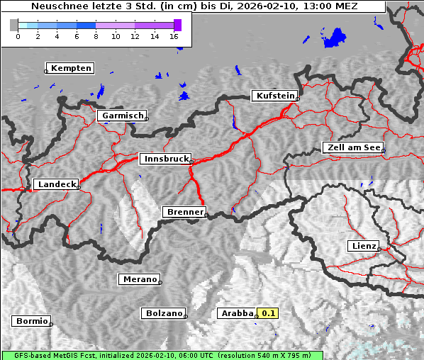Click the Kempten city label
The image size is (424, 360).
(71, 68)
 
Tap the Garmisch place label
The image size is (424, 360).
(123, 116)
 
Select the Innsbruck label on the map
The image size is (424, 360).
(164, 159)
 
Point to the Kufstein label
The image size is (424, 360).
(275, 96)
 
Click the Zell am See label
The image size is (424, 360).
(353, 147)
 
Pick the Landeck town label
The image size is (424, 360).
(56, 184)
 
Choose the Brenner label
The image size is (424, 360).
(184, 212)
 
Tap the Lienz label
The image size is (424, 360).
(363, 246)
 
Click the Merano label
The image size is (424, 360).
(139, 279)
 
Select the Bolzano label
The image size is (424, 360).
(164, 313)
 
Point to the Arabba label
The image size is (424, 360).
(237, 313)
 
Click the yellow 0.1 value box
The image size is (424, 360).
(268, 313)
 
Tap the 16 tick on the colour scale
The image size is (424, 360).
(174, 36)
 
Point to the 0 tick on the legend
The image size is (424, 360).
(18, 36)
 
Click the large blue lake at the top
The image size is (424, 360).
(335, 37)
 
